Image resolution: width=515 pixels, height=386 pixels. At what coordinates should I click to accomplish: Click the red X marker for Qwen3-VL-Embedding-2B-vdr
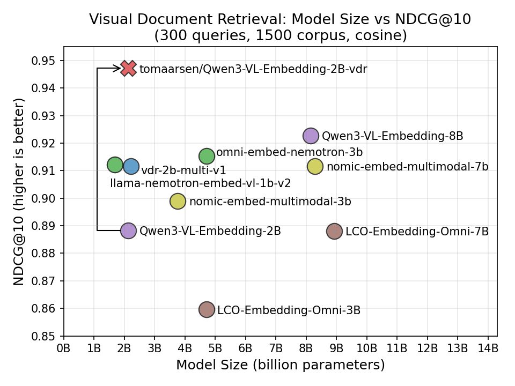tap(128, 68)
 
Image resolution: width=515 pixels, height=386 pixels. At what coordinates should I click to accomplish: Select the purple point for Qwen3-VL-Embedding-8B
tap(311, 136)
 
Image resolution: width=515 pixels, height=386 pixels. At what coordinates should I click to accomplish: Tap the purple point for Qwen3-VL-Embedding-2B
tap(128, 231)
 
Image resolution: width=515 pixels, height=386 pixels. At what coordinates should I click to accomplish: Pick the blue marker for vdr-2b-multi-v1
tap(131, 166)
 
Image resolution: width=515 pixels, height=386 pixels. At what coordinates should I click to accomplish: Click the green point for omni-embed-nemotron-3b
tap(207, 156)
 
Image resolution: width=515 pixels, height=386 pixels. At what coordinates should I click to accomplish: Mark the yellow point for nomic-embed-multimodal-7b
tap(315, 166)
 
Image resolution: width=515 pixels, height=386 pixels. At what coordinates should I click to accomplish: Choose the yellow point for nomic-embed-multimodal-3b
tap(178, 202)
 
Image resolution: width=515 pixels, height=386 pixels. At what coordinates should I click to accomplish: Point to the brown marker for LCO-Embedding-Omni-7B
tap(334, 231)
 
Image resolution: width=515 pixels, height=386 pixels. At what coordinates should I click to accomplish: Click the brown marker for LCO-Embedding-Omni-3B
tap(207, 309)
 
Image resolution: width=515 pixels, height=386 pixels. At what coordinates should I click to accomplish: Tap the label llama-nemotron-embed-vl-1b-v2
tap(200, 183)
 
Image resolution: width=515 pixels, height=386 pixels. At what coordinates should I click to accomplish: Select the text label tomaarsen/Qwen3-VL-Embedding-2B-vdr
tap(253, 69)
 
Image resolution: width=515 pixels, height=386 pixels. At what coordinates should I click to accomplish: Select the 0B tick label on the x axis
tap(63, 348)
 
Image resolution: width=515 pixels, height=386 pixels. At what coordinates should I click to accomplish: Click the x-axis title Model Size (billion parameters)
tap(280, 366)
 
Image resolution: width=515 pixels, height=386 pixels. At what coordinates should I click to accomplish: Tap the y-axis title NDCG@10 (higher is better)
tap(19, 191)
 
